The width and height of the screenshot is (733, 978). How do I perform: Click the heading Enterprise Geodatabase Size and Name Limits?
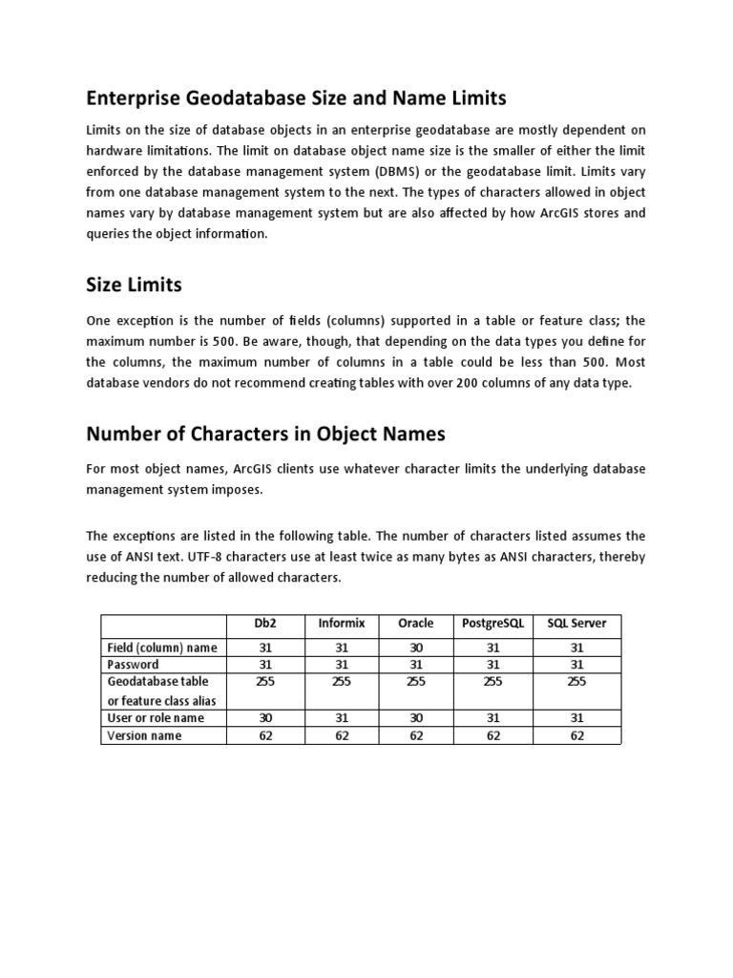(296, 97)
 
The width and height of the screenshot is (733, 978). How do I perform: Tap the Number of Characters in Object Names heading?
(265, 434)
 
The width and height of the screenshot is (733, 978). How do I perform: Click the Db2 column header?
(264, 624)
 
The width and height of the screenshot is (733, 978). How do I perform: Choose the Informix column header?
(341, 624)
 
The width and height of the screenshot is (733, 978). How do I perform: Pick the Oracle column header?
(415, 624)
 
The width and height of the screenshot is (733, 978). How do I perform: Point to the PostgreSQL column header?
(492, 624)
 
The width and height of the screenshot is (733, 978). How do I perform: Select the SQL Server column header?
(576, 624)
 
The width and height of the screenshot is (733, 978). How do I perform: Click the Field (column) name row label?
(162, 648)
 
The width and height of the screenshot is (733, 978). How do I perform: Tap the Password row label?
(133, 664)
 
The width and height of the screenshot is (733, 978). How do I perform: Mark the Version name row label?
(144, 735)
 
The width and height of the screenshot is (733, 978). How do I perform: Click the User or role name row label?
(155, 717)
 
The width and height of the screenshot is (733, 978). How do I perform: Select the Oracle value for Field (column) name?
(415, 648)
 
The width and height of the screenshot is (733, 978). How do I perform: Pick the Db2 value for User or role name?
(264, 717)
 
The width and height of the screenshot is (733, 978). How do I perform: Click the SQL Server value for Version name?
(576, 735)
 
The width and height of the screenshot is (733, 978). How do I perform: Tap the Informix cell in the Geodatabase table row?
(341, 682)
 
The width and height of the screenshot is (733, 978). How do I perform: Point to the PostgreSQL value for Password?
(492, 664)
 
